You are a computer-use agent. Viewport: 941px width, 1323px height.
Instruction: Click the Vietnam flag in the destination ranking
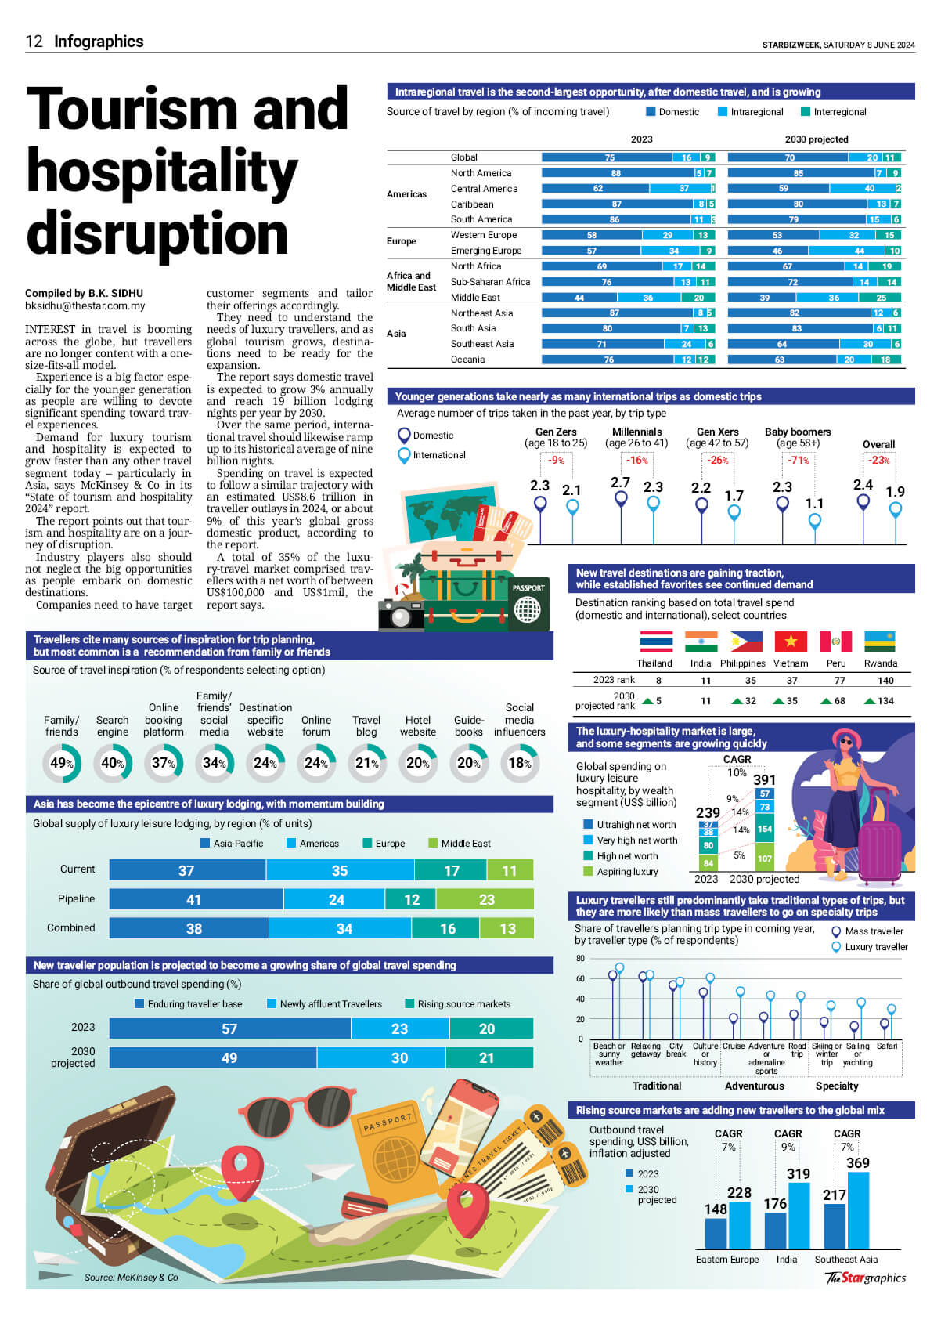tap(791, 642)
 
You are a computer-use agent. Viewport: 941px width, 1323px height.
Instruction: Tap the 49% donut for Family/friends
tap(62, 763)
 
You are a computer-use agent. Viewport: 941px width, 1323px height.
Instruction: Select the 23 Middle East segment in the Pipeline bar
tap(486, 899)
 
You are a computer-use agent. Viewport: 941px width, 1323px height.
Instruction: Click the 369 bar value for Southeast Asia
tap(858, 1162)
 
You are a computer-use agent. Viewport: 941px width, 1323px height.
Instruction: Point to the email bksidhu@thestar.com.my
tap(85, 306)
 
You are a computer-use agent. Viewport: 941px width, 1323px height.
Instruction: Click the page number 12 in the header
tap(34, 42)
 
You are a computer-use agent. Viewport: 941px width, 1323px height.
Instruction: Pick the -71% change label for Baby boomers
tap(798, 460)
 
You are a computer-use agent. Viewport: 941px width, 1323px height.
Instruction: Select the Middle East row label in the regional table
tap(475, 298)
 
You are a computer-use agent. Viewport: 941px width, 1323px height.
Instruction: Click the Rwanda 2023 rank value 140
tap(885, 681)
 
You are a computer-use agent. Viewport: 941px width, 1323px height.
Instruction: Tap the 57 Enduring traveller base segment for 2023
tap(229, 1028)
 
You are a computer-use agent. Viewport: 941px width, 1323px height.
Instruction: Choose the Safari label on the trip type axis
tap(887, 1046)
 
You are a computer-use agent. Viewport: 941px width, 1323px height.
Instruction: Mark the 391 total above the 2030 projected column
tap(764, 779)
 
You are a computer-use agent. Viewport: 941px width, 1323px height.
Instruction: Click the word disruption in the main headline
tap(157, 234)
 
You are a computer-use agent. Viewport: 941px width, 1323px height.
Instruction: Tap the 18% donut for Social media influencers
tap(520, 763)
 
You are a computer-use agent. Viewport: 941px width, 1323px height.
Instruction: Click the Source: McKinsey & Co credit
tap(131, 1278)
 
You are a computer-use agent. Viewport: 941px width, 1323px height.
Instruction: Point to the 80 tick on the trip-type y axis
tap(580, 959)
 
